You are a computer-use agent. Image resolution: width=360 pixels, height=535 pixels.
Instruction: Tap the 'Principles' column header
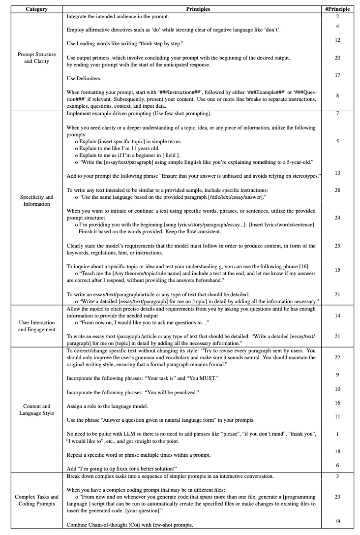(x=198, y=9)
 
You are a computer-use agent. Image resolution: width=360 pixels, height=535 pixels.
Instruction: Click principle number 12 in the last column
(x=337, y=39)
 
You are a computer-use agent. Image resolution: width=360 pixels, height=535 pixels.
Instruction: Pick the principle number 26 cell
(x=337, y=189)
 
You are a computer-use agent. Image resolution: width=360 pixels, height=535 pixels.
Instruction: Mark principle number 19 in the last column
(x=337, y=520)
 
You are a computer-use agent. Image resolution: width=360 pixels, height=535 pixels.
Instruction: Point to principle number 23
(x=337, y=497)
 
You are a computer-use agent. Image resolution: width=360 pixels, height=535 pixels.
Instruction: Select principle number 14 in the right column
(x=337, y=315)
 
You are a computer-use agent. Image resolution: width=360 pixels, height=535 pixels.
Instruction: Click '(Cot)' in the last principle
(x=127, y=525)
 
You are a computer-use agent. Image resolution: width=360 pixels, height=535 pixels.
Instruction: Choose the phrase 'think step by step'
(x=158, y=44)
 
